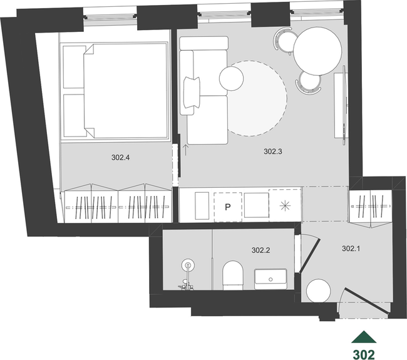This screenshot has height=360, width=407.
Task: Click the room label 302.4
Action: (120, 158)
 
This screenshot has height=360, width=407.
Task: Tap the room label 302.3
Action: (273, 152)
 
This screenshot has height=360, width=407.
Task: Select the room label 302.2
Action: (260, 250)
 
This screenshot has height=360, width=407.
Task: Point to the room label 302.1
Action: (351, 249)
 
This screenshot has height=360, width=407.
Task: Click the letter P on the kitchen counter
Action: (228, 207)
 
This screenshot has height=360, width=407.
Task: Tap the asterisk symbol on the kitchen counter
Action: (285, 206)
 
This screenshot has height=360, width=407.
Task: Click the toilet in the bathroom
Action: (233, 275)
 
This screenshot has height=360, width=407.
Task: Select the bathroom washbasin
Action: (270, 279)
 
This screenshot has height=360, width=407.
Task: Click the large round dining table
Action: (317, 51)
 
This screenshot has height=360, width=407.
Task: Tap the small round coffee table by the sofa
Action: (231, 78)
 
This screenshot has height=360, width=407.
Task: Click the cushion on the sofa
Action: (192, 93)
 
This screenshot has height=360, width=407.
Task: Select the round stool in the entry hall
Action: (319, 291)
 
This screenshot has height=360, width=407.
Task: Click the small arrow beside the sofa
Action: (185, 150)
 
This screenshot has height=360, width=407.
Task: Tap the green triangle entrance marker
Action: (364, 337)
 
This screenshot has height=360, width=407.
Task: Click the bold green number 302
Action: (364, 354)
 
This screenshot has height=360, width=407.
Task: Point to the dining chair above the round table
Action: (284, 41)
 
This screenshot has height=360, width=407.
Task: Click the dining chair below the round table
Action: (309, 83)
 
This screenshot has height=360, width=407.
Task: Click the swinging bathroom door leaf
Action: (310, 256)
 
